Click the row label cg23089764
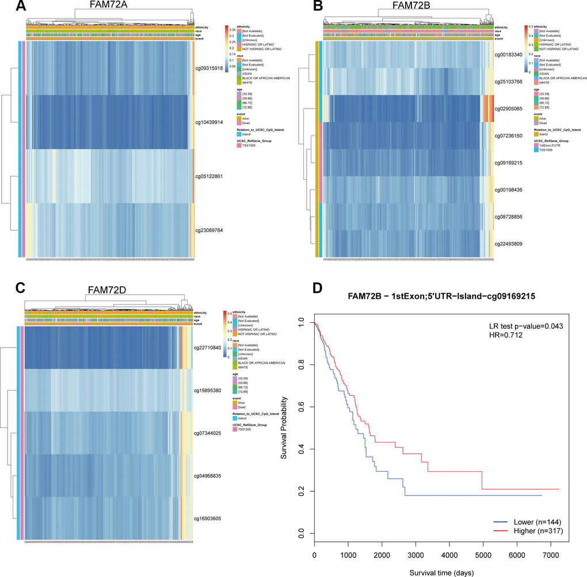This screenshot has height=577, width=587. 212,230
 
